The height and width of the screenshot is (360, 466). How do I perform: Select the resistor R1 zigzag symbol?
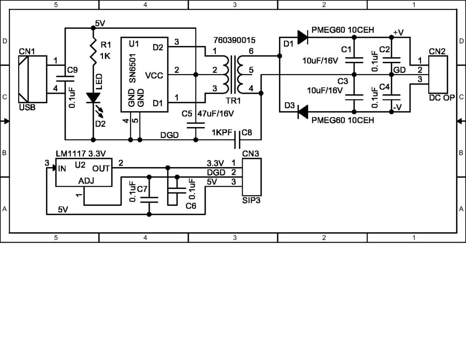(x=93, y=51)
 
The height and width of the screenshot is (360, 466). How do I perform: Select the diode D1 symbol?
(x=303, y=37)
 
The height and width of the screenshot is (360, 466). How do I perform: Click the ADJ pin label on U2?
(x=87, y=181)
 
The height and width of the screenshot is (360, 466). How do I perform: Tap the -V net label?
(x=398, y=107)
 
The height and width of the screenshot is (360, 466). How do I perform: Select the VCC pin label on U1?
(x=154, y=74)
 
